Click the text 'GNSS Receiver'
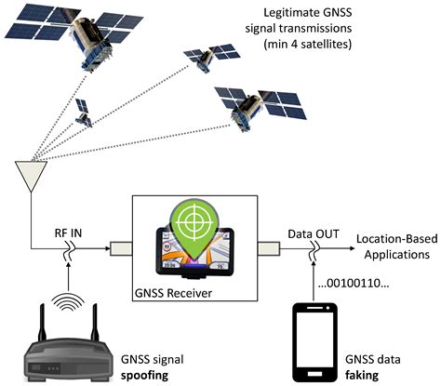pos(173,293)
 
